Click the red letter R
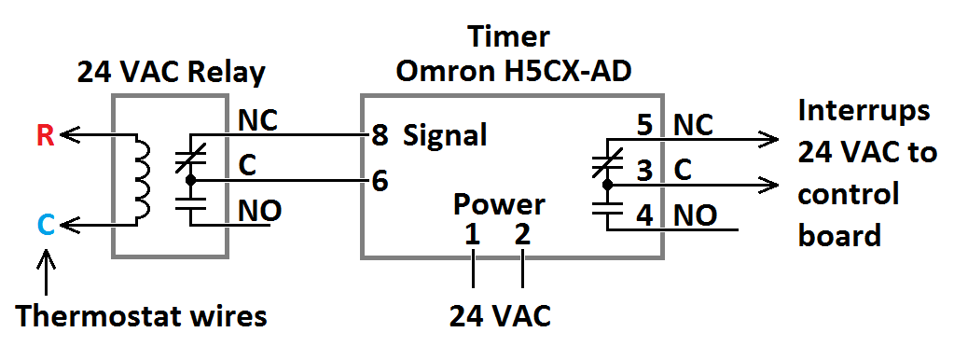(46, 136)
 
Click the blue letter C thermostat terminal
(46, 226)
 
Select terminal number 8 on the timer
(379, 135)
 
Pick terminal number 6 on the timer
(379, 181)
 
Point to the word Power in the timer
(499, 204)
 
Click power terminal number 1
(472, 235)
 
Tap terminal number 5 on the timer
(645, 126)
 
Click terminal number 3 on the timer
(645, 171)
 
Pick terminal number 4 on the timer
(645, 215)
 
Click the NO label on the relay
(259, 211)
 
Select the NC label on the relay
(257, 121)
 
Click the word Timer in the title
(508, 36)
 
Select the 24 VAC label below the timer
(500, 315)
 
